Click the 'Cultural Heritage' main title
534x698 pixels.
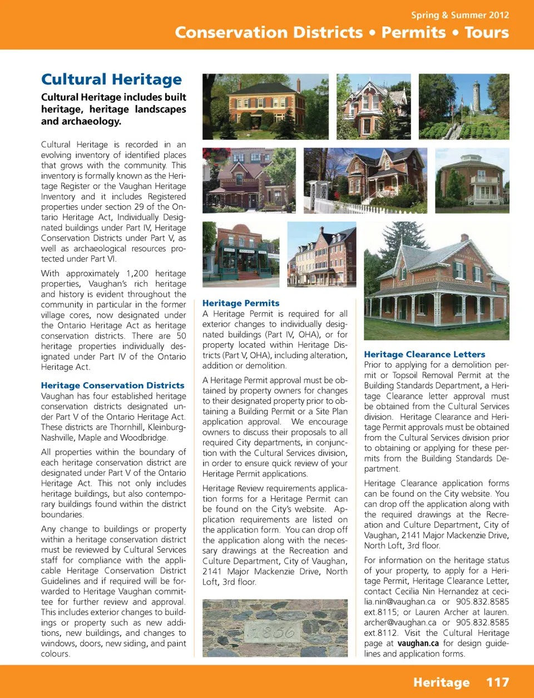(x=111, y=80)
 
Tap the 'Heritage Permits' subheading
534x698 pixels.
(x=241, y=303)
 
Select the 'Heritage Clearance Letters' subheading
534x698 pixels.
(x=424, y=354)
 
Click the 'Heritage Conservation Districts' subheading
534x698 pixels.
(x=112, y=385)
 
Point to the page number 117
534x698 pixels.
(x=497, y=682)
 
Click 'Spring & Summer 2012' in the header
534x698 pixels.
(x=459, y=15)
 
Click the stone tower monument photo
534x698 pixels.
(x=464, y=107)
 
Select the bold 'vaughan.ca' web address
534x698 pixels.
(x=418, y=643)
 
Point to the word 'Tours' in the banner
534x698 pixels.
(x=486, y=32)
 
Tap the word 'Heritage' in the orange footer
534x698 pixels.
(x=441, y=682)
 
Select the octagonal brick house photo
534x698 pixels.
(x=472, y=180)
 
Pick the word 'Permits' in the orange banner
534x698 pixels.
(x=413, y=32)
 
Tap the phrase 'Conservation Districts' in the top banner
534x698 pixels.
(x=269, y=32)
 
